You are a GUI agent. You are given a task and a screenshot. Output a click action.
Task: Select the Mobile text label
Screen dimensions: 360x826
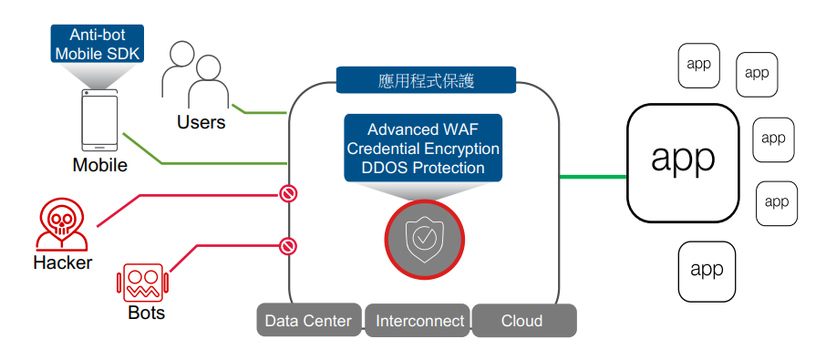tap(99, 166)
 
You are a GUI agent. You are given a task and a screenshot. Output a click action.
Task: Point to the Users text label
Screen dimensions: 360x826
tap(201, 122)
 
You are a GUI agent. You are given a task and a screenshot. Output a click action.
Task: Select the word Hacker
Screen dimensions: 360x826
tap(62, 263)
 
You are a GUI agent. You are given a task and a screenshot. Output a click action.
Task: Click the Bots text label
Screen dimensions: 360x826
tap(146, 313)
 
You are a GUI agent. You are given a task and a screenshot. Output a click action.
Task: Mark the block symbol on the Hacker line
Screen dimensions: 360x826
tap(288, 193)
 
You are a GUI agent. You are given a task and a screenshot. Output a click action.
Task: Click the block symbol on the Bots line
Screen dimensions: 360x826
tap(288, 245)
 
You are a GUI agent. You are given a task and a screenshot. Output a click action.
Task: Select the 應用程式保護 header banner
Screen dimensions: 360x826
tap(425, 80)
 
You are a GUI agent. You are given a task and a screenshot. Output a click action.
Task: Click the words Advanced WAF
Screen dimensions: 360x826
tap(423, 129)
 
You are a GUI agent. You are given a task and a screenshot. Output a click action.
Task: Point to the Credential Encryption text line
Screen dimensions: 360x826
tap(423, 149)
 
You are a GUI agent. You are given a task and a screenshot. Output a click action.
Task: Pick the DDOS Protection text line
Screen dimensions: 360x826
tap(423, 168)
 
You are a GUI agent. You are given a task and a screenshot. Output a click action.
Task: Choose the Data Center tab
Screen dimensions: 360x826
tap(308, 321)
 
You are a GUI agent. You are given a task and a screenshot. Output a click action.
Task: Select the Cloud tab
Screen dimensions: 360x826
tap(521, 321)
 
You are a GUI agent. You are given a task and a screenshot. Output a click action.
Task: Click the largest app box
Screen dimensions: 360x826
tap(682, 162)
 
